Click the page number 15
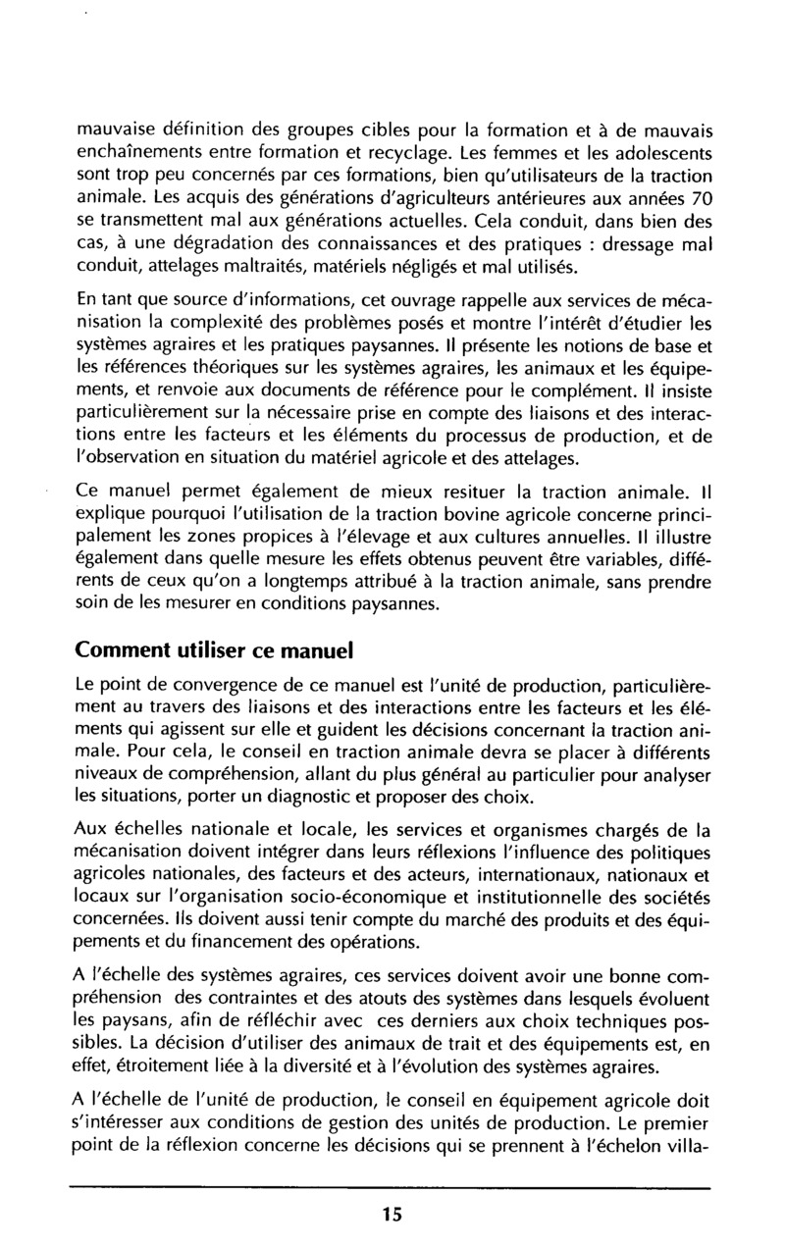pos(392,1214)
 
